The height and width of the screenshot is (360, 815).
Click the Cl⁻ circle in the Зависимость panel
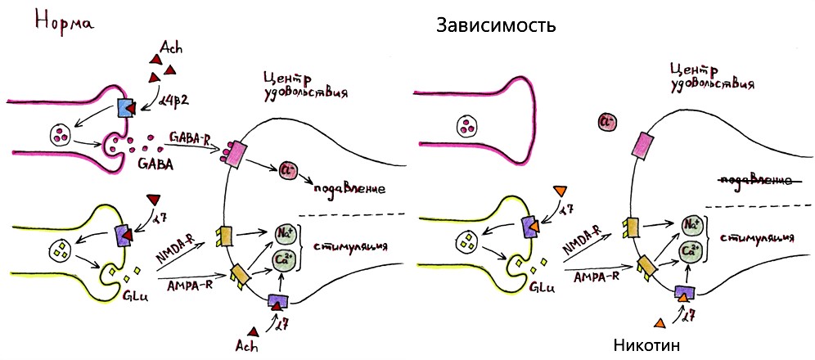pos(607,123)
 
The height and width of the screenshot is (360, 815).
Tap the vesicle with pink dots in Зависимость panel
pos(467,127)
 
